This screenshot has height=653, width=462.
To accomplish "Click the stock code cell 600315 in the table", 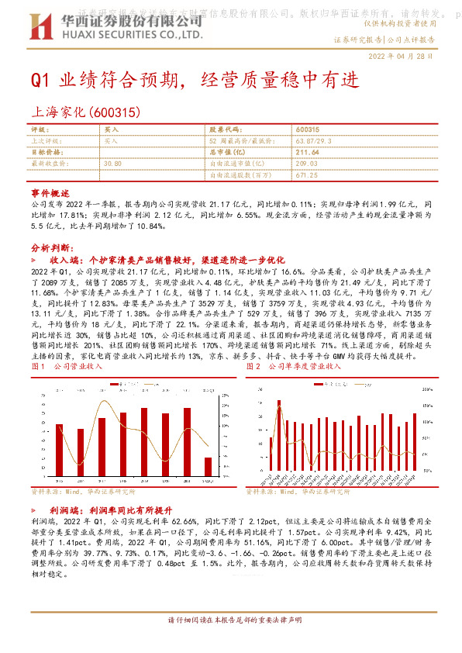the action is tap(308, 130).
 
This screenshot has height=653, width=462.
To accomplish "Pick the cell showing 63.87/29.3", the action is tap(315, 141).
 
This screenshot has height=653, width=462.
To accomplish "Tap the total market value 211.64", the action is tap(308, 153).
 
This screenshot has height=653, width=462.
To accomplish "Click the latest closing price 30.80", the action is tap(112, 164).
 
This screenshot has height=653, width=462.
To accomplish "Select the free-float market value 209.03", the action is tap(308, 164).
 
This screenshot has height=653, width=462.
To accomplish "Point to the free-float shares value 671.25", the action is tap(308, 175).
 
